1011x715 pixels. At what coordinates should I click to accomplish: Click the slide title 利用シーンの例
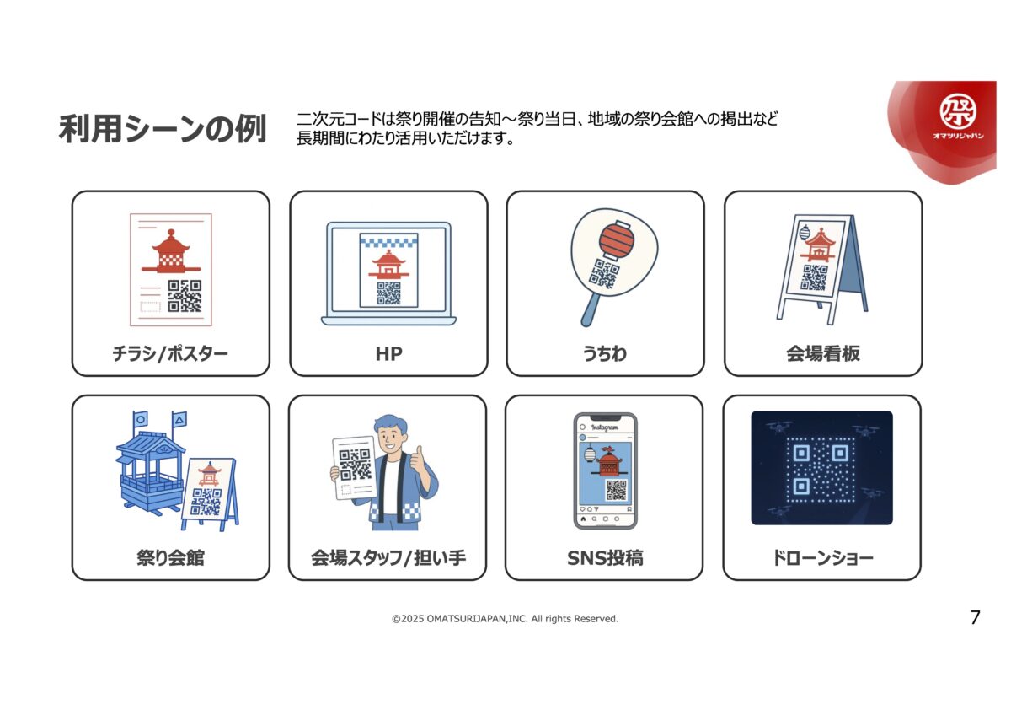pyautogui.click(x=163, y=129)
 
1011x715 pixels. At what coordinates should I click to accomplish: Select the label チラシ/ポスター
pyautogui.click(x=170, y=353)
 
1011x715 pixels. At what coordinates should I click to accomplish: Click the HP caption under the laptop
pyautogui.click(x=388, y=354)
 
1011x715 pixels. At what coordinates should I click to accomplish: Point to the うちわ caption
pyautogui.click(x=605, y=353)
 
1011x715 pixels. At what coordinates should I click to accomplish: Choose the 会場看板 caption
pyautogui.click(x=823, y=353)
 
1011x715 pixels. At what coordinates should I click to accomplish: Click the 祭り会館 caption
pyautogui.click(x=170, y=558)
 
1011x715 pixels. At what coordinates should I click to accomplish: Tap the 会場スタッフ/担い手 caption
pyautogui.click(x=388, y=558)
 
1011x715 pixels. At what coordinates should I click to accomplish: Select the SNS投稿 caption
pyautogui.click(x=605, y=558)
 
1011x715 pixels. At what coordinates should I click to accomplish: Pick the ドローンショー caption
pyautogui.click(x=822, y=558)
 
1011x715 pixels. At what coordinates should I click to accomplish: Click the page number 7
pyautogui.click(x=975, y=617)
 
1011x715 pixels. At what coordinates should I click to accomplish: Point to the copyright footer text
pyautogui.click(x=505, y=618)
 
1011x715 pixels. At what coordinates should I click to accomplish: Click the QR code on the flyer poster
pyautogui.click(x=185, y=296)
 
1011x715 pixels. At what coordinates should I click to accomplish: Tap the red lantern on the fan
pyautogui.click(x=616, y=239)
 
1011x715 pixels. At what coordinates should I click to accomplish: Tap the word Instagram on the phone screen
pyautogui.click(x=604, y=427)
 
